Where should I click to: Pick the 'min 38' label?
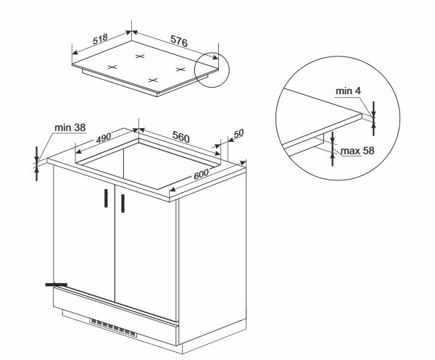coord(70,127)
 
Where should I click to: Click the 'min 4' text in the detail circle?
coord(349,91)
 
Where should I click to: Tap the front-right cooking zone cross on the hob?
coord(152,78)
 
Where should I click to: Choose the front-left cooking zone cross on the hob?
coord(112,67)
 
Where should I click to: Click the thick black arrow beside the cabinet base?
coord(54,285)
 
